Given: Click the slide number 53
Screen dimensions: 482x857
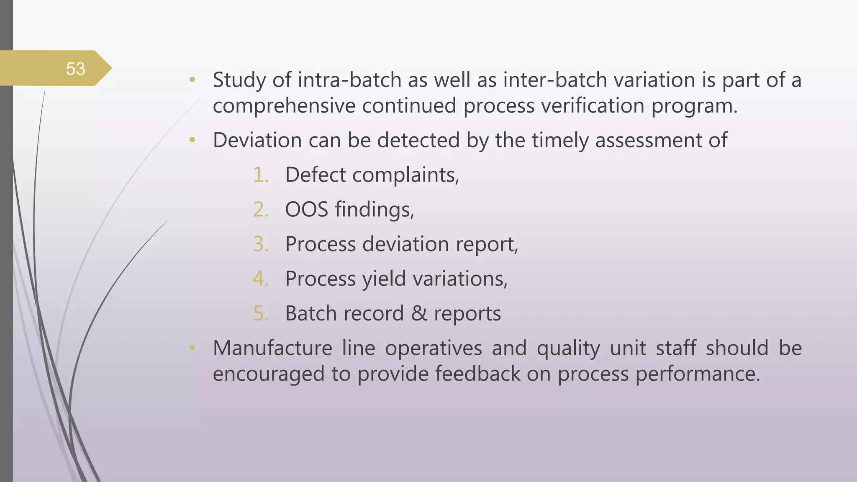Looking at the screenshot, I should click(x=75, y=69).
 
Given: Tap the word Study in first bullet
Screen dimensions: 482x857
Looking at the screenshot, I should click(x=239, y=80).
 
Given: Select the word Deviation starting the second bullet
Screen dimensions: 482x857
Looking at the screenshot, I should click(x=257, y=140).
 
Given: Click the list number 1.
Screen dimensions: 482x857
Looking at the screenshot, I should click(x=260, y=175).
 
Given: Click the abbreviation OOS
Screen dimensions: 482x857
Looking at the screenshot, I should click(x=306, y=209).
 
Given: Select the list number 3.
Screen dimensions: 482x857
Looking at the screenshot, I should click(x=260, y=244).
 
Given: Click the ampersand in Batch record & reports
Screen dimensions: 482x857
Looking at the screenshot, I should click(x=419, y=313).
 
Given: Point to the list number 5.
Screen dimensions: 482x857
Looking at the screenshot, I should click(x=260, y=313).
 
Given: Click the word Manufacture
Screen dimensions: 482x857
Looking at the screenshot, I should click(x=272, y=348).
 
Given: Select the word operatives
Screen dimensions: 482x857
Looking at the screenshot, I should click(x=433, y=348).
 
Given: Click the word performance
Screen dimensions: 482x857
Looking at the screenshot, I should click(x=697, y=374).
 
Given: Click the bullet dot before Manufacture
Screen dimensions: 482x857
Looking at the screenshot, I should click(x=192, y=347).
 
